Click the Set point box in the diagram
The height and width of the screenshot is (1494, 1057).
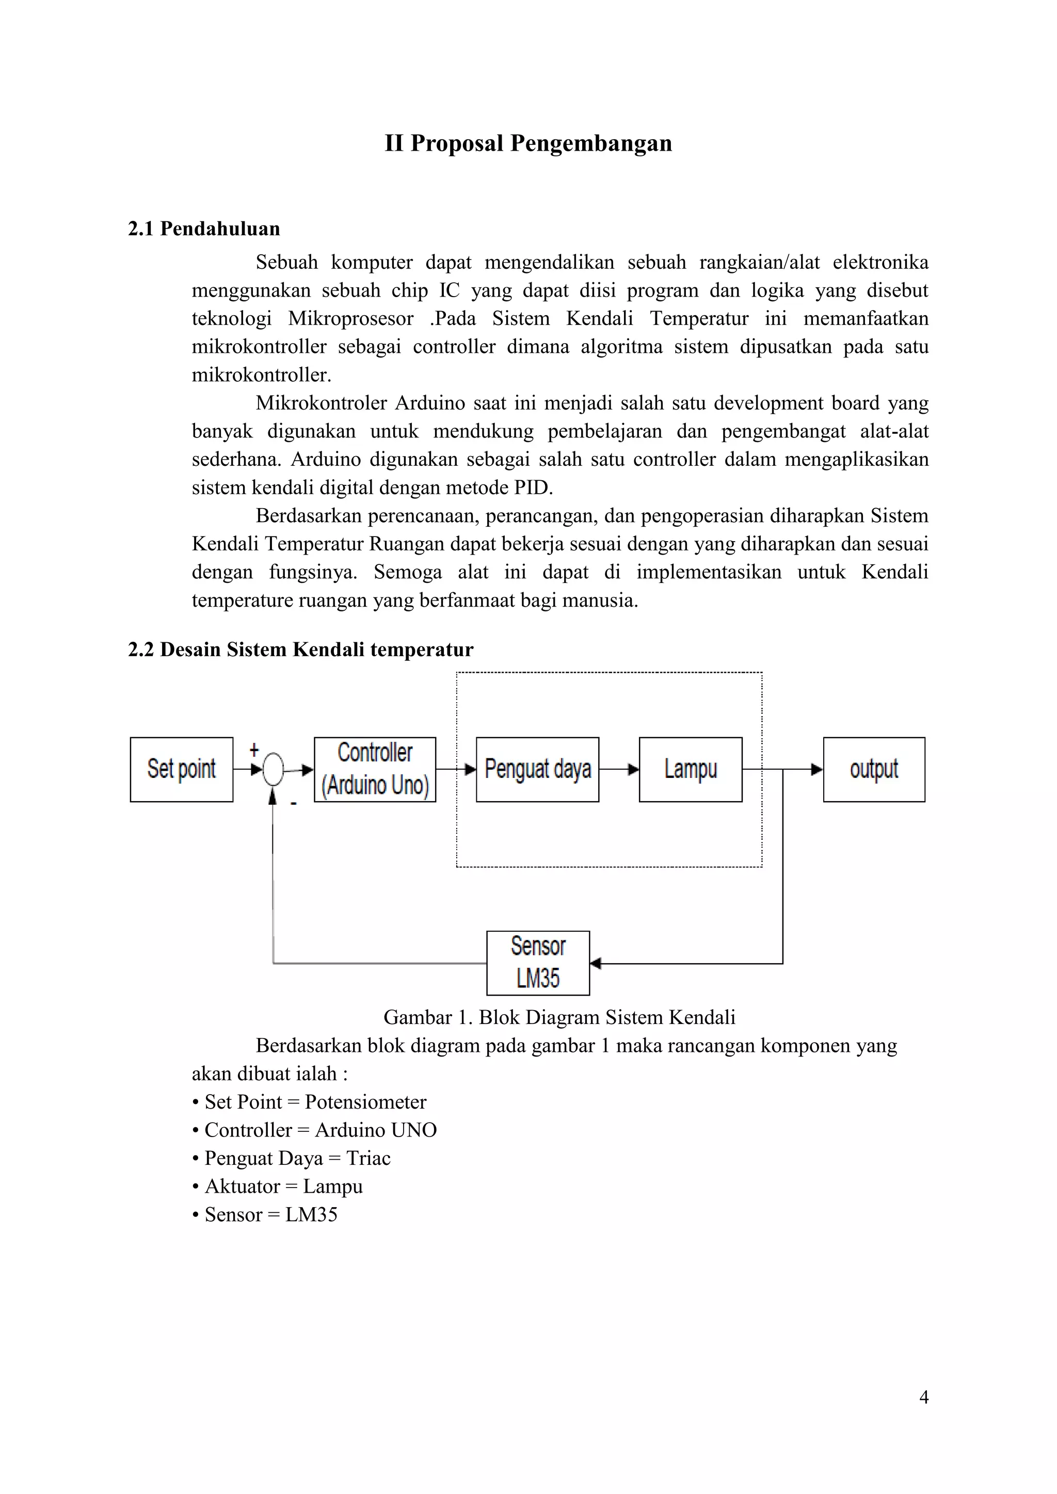[x=181, y=769]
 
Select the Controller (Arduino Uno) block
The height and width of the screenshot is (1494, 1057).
[x=375, y=769]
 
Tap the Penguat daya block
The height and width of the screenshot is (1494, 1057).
[x=538, y=769]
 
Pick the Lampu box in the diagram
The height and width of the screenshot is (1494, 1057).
[x=691, y=769]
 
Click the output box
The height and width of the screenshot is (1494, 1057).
[x=874, y=769]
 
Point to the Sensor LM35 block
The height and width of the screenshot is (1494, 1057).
[x=538, y=963]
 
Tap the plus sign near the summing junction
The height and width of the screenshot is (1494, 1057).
[x=254, y=749]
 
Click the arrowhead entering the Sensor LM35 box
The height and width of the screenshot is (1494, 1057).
[x=596, y=964]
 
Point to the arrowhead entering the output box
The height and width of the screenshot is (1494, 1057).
[x=817, y=770]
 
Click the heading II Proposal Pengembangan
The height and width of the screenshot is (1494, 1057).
[x=528, y=143]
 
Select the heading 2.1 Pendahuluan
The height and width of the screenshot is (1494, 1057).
[x=204, y=229]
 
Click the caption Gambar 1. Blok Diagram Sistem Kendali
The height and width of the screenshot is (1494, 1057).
[x=559, y=1017]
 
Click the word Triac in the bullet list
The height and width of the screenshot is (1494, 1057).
[x=369, y=1158]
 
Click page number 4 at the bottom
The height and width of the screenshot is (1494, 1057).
[x=923, y=1397]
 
